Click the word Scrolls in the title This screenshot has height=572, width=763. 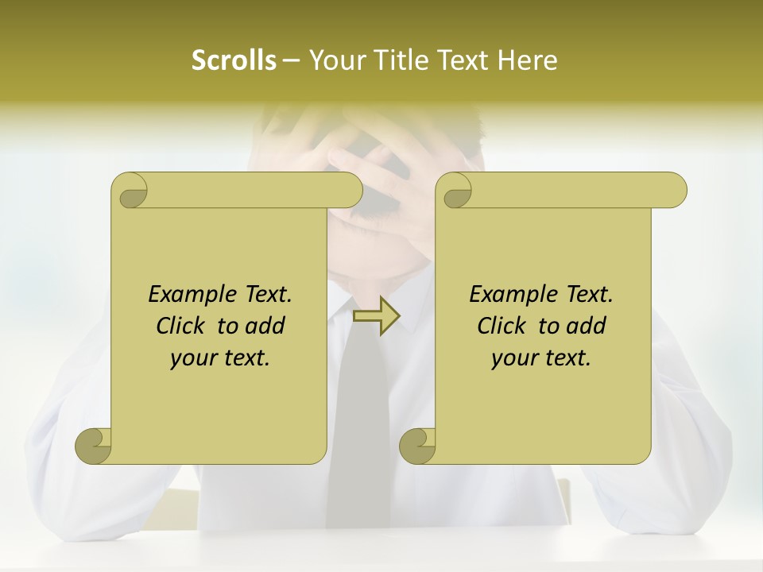(234, 60)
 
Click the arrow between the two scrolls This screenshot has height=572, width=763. (377, 316)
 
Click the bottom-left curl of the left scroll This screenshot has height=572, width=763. (94, 446)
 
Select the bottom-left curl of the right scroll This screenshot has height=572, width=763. (417, 446)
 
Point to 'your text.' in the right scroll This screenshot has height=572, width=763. (541, 358)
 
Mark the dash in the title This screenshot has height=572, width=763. (292, 60)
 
